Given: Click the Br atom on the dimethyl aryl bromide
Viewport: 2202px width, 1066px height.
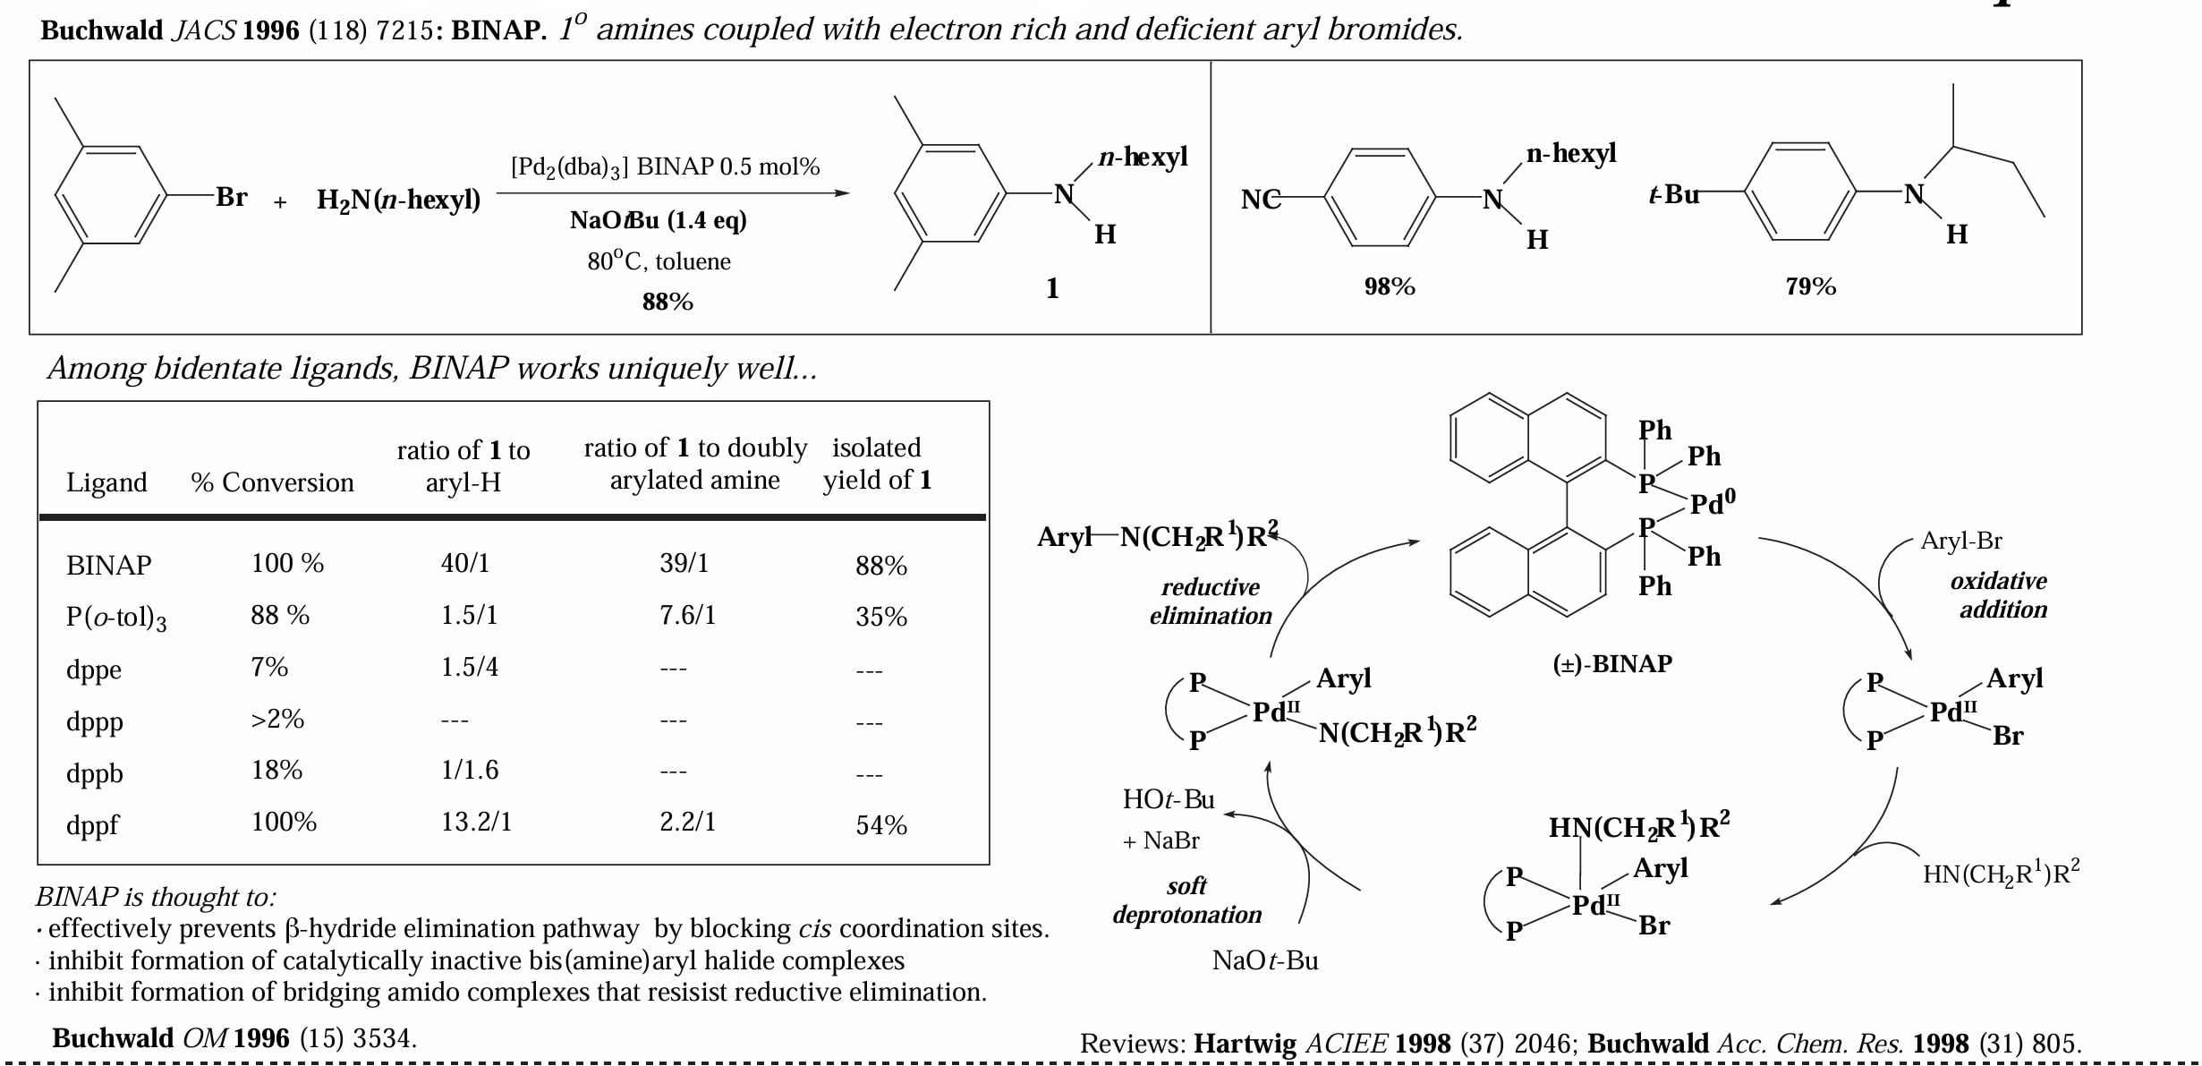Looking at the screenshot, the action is tap(231, 197).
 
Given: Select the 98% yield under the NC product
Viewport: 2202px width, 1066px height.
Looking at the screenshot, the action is tap(1390, 286).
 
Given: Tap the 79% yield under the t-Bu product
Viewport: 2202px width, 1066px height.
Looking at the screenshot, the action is tap(1810, 286).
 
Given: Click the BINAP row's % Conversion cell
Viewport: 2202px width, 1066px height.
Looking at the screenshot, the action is tap(287, 563).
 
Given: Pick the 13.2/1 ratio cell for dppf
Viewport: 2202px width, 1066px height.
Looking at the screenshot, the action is tap(476, 822).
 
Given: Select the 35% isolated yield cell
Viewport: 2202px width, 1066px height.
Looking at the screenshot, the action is tap(881, 617).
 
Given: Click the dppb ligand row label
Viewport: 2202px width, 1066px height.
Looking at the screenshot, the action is tap(95, 772).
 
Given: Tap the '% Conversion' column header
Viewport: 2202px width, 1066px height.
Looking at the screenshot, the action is tap(272, 482).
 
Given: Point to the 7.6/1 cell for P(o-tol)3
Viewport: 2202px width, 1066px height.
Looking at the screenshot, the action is tap(687, 615).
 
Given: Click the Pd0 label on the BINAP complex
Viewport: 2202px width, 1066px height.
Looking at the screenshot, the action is tap(1713, 502).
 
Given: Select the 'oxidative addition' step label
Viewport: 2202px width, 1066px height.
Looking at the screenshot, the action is tap(2000, 595).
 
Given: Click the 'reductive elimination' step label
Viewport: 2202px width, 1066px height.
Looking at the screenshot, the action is tap(1211, 601).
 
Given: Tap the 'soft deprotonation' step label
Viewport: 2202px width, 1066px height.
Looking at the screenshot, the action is tap(1187, 900).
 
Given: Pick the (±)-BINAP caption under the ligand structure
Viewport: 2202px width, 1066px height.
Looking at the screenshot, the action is tap(1612, 664).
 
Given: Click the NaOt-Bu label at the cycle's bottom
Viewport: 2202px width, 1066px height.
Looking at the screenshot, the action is tap(1265, 960).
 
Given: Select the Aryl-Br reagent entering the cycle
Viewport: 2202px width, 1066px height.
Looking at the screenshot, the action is tap(1961, 541).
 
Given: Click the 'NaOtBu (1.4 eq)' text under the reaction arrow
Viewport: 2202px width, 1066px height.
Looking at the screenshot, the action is tap(659, 220).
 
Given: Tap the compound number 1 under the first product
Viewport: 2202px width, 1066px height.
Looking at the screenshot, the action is tap(1052, 288).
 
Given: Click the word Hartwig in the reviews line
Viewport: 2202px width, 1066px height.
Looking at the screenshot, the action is tap(1245, 1044).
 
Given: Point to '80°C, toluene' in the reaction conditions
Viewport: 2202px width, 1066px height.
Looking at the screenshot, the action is tap(659, 261).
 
